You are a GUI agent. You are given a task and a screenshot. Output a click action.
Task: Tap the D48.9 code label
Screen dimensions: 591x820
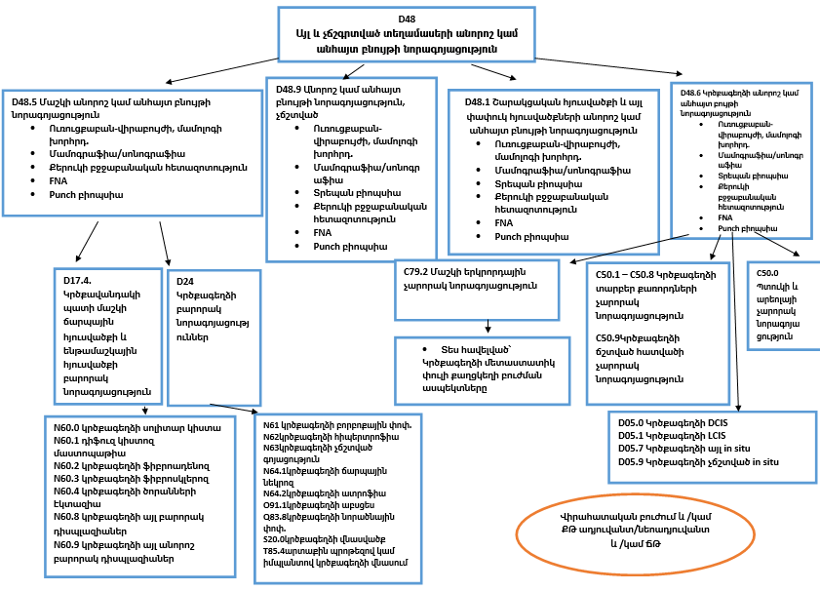(x=293, y=89)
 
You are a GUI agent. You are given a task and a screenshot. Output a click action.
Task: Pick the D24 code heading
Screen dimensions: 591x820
(x=185, y=280)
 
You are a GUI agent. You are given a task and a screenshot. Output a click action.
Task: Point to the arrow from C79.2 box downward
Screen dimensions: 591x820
(x=487, y=328)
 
